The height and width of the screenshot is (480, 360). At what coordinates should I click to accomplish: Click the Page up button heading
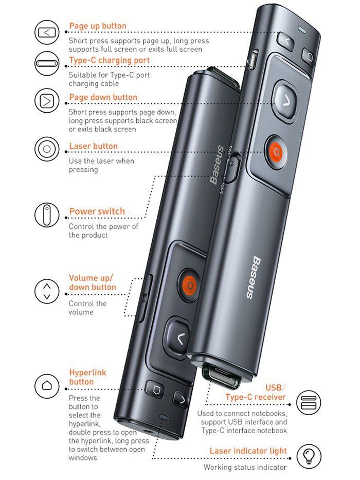coord(98,26)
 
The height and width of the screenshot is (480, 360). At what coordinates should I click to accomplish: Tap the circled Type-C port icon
coord(46,64)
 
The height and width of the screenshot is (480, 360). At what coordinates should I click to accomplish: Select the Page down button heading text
coord(103,97)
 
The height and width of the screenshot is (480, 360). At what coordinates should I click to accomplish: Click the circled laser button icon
coord(46,149)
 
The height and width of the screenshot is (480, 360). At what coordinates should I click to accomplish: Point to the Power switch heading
coord(97,211)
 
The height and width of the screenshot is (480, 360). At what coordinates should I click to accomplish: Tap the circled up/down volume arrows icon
coord(46,291)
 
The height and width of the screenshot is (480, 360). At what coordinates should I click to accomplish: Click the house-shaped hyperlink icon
coord(46,386)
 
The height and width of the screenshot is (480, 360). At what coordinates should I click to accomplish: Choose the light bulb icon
coord(309,456)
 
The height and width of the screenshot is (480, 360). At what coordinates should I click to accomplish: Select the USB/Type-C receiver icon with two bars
coord(309,402)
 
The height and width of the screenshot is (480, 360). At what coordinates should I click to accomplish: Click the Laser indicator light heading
coord(248,451)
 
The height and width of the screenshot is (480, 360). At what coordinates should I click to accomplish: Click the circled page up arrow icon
coord(46,32)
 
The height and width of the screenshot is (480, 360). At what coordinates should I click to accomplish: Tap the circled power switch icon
coord(46,215)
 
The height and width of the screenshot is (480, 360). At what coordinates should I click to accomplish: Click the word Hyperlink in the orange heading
coord(87,372)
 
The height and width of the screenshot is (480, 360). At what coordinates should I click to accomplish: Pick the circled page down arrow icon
coord(46,101)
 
